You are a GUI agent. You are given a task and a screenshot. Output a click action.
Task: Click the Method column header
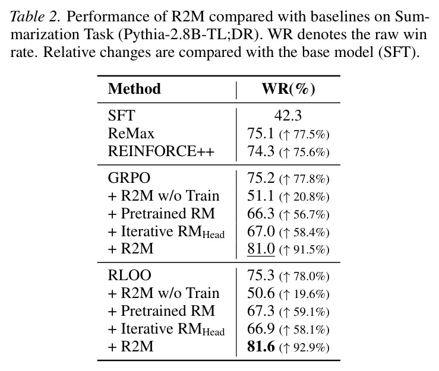point(134,89)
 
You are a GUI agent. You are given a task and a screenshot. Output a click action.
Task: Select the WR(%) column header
point(288,89)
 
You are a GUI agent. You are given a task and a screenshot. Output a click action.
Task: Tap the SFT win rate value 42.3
point(288,116)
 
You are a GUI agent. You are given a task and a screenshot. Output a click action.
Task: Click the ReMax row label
point(131,133)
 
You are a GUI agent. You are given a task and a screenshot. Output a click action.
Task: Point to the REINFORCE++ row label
point(161,151)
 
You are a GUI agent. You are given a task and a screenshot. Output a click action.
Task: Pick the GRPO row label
point(129,177)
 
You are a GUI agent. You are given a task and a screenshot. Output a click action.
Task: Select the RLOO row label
point(130,275)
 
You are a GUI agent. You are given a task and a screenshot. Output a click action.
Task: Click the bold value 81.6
point(261,347)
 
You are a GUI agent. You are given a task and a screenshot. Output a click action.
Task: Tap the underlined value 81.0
point(261,249)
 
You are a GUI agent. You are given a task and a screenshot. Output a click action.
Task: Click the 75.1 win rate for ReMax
point(260,133)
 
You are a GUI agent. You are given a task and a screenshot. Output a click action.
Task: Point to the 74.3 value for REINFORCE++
point(260,151)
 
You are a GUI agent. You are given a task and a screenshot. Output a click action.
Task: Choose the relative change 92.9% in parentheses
point(304,347)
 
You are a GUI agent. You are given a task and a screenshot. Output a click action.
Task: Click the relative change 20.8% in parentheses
point(304,196)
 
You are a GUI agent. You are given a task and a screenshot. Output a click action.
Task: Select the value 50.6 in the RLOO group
point(261,293)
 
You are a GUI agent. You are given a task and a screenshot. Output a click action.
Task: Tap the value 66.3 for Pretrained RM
point(260,214)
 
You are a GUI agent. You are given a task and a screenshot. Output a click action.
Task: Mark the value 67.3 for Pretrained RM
point(260,311)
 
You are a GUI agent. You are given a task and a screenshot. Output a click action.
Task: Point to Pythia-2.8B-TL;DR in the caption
point(191,34)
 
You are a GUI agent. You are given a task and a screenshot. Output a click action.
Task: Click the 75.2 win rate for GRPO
point(261,177)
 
